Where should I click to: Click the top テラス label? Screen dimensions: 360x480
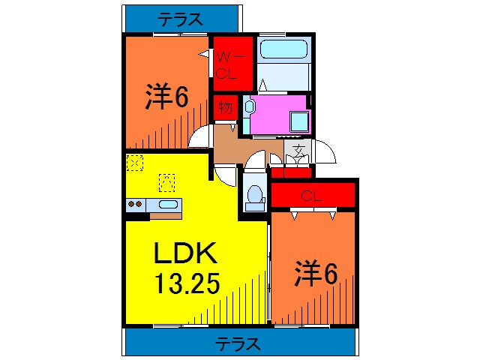click(180, 18)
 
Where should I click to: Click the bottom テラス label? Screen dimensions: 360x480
click(238, 344)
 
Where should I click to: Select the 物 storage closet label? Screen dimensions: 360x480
click(225, 107)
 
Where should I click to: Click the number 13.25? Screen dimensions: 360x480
click(187, 284)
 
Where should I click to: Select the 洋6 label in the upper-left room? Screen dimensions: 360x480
click(166, 97)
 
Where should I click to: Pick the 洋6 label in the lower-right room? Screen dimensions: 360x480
click(315, 273)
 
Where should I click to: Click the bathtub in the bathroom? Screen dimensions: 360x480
click(283, 50)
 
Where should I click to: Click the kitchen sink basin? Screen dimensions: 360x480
click(169, 204)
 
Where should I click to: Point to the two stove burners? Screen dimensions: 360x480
click(136, 203)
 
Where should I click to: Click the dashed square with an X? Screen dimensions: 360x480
click(134, 160)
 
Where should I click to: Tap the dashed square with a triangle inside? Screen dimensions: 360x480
click(166, 181)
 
